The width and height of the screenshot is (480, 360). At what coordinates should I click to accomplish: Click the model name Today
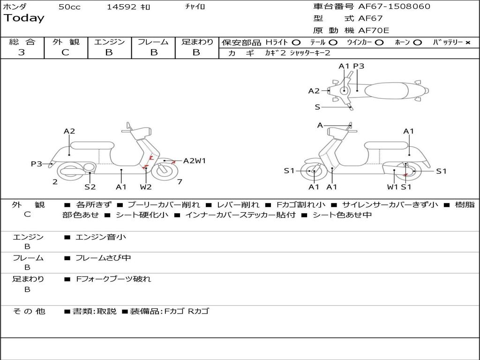pos(24,18)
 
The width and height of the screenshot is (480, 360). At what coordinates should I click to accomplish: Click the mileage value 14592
pos(121,7)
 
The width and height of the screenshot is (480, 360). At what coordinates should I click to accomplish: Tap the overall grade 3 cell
pos(22,52)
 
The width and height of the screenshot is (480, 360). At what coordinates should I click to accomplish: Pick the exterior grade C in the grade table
pos(66,52)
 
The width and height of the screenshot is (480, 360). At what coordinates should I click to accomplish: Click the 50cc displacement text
pos(69,7)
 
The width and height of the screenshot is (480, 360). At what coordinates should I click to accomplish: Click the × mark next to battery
pos(467,42)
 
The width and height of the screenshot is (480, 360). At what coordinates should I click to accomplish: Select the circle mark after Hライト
pos(296,42)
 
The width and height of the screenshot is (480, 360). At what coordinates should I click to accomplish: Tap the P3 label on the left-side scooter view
pos(37,164)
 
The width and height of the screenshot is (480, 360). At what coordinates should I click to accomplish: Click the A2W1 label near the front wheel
pos(195,161)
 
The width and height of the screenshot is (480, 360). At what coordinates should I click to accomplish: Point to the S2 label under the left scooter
pos(90,187)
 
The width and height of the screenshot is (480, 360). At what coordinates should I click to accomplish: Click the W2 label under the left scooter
pos(146,187)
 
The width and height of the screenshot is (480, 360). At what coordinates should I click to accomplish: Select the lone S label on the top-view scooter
pos(317,107)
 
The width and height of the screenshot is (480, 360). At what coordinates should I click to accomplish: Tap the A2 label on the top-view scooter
pos(314,91)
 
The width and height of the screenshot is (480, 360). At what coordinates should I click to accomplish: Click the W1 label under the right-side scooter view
pos(392,187)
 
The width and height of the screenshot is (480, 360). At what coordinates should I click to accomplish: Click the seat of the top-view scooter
pos(387,90)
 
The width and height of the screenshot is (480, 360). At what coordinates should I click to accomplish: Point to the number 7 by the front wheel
pos(180,182)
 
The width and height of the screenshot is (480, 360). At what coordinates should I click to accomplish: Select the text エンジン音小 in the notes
pos(101,237)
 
